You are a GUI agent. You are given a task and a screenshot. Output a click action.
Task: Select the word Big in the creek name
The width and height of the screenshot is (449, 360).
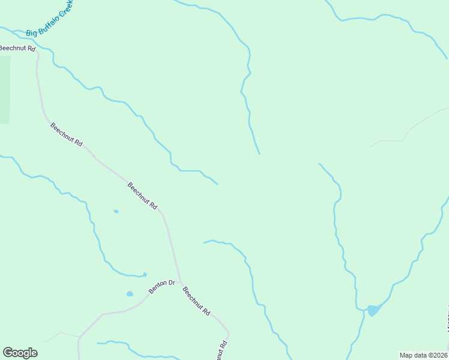(x=31, y=32)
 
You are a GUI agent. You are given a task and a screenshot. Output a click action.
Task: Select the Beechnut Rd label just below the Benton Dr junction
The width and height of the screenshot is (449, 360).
(x=196, y=301)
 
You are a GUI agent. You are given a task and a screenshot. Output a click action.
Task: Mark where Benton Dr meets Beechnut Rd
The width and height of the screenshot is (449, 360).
(x=179, y=281)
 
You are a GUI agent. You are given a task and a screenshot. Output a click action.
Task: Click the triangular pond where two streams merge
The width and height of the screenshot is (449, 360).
(x=373, y=310)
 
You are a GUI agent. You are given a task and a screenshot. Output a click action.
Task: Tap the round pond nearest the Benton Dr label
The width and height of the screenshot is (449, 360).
(x=130, y=294)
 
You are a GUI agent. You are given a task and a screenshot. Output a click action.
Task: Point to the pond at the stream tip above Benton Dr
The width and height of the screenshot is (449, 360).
(x=145, y=275)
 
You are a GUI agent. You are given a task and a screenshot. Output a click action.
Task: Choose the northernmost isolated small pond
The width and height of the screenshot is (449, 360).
(x=116, y=211)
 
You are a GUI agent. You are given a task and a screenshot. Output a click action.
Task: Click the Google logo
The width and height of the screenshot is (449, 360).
(x=20, y=352)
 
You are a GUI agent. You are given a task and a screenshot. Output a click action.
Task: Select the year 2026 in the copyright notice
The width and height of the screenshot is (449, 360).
(x=439, y=355)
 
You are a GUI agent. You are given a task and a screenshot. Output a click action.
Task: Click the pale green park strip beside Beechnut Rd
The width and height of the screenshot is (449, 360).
(x=5, y=89)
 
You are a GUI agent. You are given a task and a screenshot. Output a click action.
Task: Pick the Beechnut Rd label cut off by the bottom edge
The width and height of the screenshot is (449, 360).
(x=221, y=350)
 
